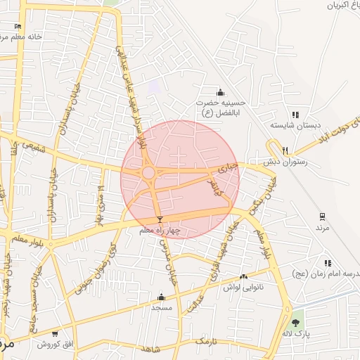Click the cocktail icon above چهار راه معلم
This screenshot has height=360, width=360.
160,219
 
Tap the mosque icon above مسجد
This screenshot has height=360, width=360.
161,297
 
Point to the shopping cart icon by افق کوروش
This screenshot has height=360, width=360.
55,333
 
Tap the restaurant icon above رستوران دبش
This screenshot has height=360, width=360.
285,150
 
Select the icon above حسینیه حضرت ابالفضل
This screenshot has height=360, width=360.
221,92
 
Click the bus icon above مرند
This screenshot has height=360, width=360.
322,216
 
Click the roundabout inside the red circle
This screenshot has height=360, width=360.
148,172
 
